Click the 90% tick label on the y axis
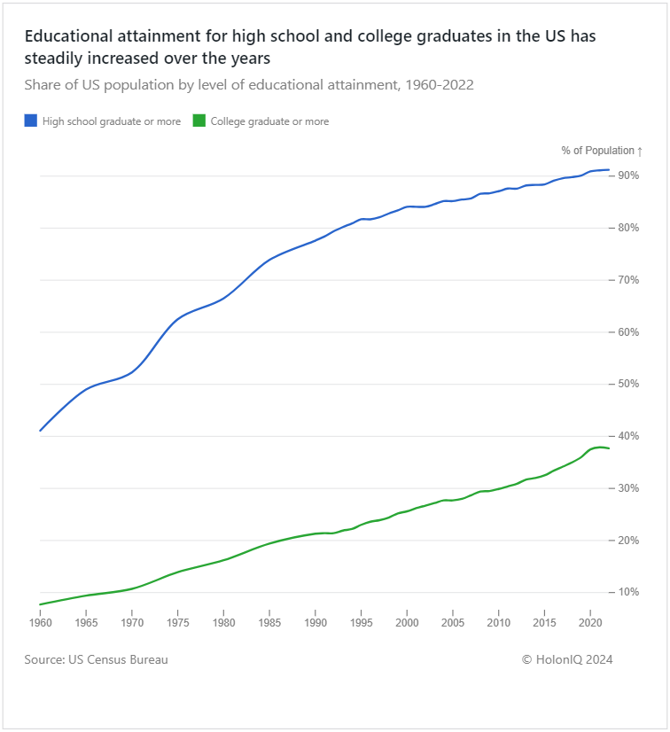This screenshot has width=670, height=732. [628, 175]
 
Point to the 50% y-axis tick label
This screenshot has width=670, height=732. [628, 384]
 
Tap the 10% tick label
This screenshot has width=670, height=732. [628, 592]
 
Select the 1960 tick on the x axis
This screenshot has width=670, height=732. [40, 623]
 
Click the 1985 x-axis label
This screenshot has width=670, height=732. [269, 623]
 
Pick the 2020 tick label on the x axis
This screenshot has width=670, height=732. [590, 623]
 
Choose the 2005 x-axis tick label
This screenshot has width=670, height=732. [453, 623]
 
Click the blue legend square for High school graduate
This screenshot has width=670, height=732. [31, 121]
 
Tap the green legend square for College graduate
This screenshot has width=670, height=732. [199, 121]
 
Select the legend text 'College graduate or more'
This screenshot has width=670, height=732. [269, 121]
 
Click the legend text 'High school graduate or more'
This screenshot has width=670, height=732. [112, 121]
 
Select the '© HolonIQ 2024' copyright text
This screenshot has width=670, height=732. [567, 659]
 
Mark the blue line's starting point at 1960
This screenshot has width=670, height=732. [40, 431]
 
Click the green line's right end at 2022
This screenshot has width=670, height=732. [609, 448]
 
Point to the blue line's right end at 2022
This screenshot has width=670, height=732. [609, 169]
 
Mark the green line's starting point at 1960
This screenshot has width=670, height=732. [40, 604]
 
